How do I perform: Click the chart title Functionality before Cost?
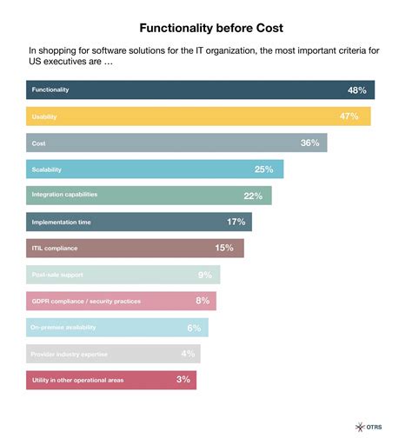(x=205, y=28)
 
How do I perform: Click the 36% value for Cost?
(x=310, y=143)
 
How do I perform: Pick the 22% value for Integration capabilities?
(x=253, y=196)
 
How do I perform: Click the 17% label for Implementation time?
(x=236, y=222)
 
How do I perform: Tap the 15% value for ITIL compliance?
(x=225, y=249)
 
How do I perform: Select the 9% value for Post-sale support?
(x=206, y=275)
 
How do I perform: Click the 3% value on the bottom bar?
(x=183, y=380)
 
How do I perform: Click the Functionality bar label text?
(x=50, y=90)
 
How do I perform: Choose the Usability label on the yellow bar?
(x=45, y=116)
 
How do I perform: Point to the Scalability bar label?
(x=48, y=169)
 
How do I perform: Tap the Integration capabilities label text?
(x=64, y=196)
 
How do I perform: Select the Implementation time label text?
(x=61, y=222)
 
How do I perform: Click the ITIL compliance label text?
(x=55, y=249)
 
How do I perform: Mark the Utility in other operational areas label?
(x=76, y=380)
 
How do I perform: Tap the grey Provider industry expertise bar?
(x=113, y=354)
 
